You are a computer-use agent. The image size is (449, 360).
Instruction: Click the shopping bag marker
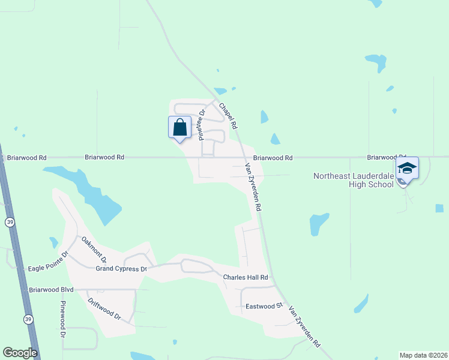pyautogui.click(x=179, y=128)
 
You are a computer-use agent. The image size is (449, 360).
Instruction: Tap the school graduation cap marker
pyautogui.click(x=407, y=169)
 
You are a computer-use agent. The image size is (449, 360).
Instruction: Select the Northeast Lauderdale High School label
pyautogui.click(x=354, y=180)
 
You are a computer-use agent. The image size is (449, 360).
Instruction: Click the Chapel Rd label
pyautogui.click(x=228, y=116)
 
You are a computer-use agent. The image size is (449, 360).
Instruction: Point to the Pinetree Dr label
pyautogui.click(x=202, y=124)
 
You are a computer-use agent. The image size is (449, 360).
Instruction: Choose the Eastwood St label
pyautogui.click(x=264, y=306)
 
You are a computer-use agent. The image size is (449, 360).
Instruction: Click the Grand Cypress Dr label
pyautogui.click(x=121, y=269)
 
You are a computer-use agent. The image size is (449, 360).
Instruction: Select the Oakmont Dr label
pyautogui.click(x=94, y=250)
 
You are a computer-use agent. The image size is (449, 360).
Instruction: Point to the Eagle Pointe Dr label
pyautogui.click(x=48, y=261)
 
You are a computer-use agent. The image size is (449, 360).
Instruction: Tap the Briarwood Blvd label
pyautogui.click(x=51, y=289)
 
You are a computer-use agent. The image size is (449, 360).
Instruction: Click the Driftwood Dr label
pyautogui.click(x=104, y=309)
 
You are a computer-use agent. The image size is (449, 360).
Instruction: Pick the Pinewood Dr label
pyautogui.click(x=62, y=319)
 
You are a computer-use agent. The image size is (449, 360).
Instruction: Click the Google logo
pyautogui.click(x=20, y=352)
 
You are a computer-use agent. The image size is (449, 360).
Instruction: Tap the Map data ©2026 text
pyautogui.click(x=423, y=355)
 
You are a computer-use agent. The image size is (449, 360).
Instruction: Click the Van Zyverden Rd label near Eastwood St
pyautogui.click(x=305, y=326)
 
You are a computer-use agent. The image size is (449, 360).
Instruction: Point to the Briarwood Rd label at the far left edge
pyautogui.click(x=26, y=158)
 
